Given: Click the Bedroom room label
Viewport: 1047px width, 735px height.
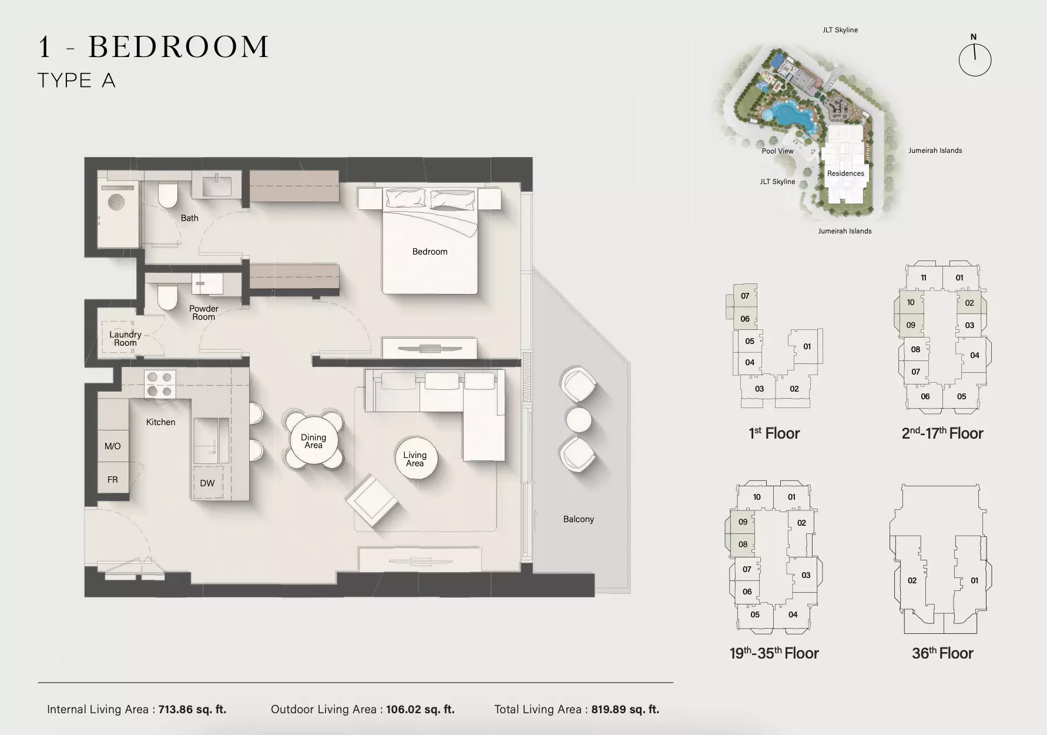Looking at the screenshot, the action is tap(429, 252).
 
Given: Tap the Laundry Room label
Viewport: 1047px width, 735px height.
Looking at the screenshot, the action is tap(125, 339).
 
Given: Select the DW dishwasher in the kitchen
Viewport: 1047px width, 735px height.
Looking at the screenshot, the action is tap(207, 483).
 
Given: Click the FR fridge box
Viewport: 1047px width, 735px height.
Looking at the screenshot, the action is tap(113, 480).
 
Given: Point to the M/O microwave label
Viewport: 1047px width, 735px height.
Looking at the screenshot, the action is tap(113, 446).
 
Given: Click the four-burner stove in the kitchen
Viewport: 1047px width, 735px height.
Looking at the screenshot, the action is tap(160, 384).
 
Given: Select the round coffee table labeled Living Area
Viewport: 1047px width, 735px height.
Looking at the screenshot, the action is tap(415, 458).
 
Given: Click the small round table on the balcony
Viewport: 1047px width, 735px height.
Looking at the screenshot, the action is tap(579, 420).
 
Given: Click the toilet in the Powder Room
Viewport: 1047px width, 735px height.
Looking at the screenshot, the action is tap(167, 297).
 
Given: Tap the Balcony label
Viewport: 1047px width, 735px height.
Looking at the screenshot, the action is tap(579, 519).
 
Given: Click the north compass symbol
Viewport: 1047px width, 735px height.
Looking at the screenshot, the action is tap(975, 58).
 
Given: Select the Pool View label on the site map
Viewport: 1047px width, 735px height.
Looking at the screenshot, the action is tap(777, 151).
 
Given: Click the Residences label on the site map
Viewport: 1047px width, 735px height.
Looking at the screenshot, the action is tap(845, 173).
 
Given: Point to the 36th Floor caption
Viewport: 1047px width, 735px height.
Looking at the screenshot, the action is tap(942, 653).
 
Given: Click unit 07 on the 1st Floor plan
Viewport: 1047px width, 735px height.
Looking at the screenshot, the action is tap(745, 296).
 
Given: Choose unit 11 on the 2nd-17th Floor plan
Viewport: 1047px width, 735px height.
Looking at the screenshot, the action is tap(924, 278).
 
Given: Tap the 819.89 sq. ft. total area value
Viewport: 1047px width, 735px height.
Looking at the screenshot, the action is tap(625, 709).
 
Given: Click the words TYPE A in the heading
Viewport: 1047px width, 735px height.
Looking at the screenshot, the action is tap(76, 81).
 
